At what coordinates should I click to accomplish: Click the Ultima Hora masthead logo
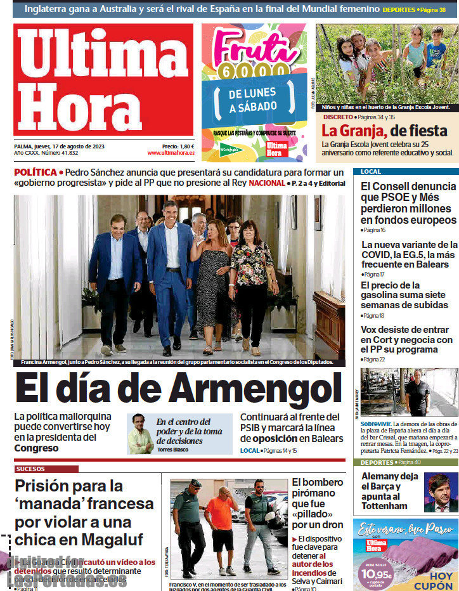click(103, 80)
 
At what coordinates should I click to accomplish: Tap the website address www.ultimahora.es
click(171, 153)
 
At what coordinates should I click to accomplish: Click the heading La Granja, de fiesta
click(384, 131)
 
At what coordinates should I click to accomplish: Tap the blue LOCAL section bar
click(406, 172)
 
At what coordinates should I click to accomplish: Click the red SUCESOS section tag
click(46, 469)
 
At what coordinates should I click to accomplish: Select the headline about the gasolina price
click(403, 295)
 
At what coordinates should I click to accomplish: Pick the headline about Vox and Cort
click(406, 340)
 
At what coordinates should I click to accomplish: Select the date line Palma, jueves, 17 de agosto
click(59, 146)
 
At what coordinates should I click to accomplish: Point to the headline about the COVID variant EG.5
click(409, 254)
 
